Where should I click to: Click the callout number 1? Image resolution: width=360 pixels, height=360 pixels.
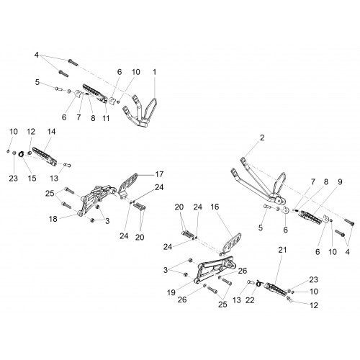pyautogui.click(x=155, y=72)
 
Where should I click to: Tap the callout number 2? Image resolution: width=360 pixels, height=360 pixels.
pyautogui.click(x=262, y=138)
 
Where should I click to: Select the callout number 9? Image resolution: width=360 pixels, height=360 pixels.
pyautogui.click(x=340, y=181)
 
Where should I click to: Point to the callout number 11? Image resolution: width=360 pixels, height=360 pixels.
pyautogui.click(x=106, y=118)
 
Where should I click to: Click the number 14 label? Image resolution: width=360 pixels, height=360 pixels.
pyautogui.click(x=51, y=132)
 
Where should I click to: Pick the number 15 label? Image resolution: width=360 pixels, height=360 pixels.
pyautogui.click(x=32, y=179)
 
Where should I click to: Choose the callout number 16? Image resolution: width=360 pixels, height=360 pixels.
pyautogui.click(x=215, y=207)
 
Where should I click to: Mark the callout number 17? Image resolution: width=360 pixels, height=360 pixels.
pyautogui.click(x=159, y=174)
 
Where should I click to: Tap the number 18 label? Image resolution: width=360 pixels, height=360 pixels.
pyautogui.click(x=53, y=219)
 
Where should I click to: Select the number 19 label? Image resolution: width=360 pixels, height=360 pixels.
pyautogui.click(x=171, y=292)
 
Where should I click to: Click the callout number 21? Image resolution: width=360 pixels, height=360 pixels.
pyautogui.click(x=282, y=250)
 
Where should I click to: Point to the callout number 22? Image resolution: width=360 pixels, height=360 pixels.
pyautogui.click(x=250, y=300)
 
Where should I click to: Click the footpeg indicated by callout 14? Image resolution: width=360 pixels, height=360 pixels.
pyautogui.click(x=45, y=157)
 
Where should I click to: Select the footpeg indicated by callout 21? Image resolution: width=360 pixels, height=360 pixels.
pyautogui.click(x=276, y=289)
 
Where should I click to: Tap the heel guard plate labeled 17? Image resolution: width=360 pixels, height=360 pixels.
pyautogui.click(x=128, y=186)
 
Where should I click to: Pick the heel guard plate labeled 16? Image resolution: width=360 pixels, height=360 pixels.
pyautogui.click(x=232, y=243)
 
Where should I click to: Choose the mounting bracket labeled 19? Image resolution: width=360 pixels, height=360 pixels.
pyautogui.click(x=215, y=269)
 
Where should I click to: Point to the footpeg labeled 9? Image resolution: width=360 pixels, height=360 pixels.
pyautogui.click(x=310, y=217)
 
